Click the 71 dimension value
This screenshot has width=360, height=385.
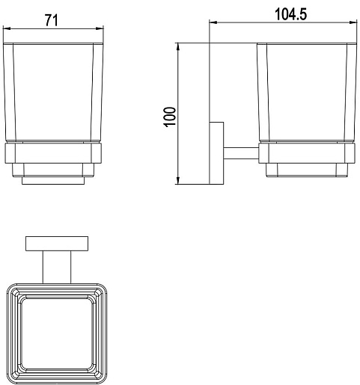[x=52, y=20]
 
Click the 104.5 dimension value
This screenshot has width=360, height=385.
[x=290, y=14]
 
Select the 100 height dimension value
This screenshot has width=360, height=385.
[x=170, y=117]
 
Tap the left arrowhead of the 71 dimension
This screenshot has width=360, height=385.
[x=6, y=28]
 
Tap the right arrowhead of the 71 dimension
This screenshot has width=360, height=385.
[x=100, y=28]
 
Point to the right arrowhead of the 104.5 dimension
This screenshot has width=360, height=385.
[x=353, y=22]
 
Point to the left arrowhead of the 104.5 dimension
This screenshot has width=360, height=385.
[x=213, y=22]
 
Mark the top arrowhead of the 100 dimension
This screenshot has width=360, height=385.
[x=178, y=46]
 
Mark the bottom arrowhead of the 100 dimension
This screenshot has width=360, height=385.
[x=178, y=181]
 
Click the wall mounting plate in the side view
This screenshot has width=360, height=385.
[x=216, y=153]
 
